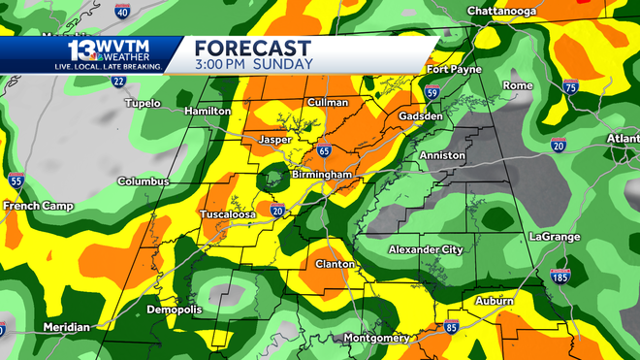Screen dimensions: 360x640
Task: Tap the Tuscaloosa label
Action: point(228,213)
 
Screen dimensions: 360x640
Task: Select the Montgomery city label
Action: point(375,338)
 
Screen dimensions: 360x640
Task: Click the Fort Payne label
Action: point(453,69)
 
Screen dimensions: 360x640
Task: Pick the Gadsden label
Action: point(421,116)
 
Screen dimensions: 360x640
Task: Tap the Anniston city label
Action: point(442,155)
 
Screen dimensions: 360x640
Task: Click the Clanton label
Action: point(336,264)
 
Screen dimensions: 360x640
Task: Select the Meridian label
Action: point(66,327)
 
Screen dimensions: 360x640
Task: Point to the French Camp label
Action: point(34,206)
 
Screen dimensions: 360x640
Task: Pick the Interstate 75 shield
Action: point(571,87)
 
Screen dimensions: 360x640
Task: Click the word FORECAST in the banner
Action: point(252,48)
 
